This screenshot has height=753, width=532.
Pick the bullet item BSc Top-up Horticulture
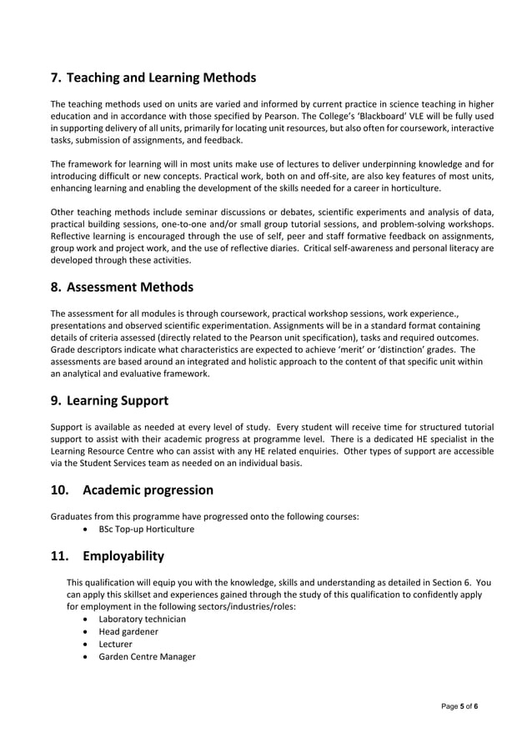pos(146,529)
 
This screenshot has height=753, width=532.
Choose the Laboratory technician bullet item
pos(142,620)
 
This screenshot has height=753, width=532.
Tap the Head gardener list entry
pos(128,632)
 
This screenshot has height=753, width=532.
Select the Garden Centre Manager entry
pos(147,657)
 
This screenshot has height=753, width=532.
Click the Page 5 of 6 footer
pos(459,706)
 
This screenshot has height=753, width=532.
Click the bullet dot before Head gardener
pos(88,632)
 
